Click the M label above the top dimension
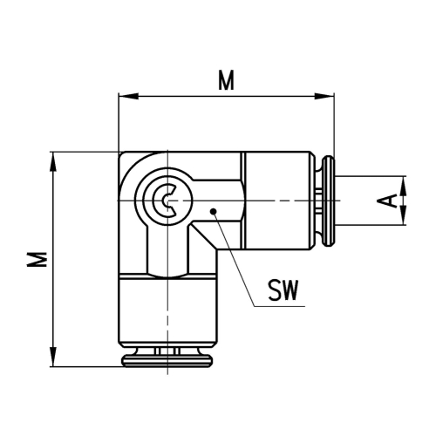click(x=226, y=81)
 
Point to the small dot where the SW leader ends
click(x=212, y=210)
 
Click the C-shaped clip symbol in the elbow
click(x=164, y=201)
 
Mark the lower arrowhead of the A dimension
click(x=403, y=220)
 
